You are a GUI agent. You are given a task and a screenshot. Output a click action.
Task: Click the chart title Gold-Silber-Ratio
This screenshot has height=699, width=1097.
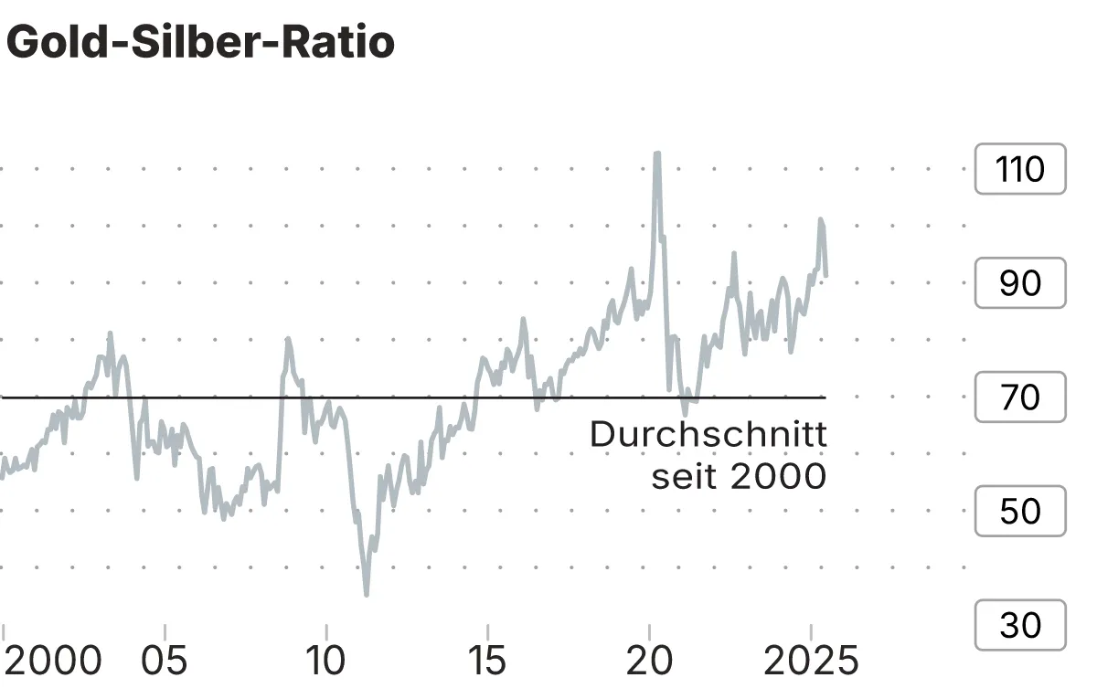pos(200,43)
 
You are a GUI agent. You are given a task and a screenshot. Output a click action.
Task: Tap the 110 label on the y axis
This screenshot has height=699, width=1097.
pos(1020,169)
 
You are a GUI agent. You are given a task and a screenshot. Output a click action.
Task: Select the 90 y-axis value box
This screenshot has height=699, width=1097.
pos(1020,283)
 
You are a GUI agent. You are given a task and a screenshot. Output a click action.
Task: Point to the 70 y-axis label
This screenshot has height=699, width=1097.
pos(1020,397)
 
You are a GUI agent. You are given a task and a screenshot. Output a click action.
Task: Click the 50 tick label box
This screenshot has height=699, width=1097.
pos(1020,511)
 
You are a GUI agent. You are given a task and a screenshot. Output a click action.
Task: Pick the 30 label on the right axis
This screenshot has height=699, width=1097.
pos(1020,625)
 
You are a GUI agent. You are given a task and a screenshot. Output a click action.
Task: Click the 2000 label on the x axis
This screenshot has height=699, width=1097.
pos(53,661)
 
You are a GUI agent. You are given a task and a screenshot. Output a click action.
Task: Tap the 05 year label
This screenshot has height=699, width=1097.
pos(165,661)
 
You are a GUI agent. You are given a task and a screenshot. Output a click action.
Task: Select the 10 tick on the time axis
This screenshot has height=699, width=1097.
pos(325,661)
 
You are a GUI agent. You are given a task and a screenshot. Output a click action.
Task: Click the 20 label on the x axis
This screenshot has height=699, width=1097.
pos(649,661)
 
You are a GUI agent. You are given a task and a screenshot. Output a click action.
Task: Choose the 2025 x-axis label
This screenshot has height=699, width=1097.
pos(811,661)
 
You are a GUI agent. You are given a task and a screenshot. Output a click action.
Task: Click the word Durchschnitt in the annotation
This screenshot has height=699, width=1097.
pos(708,434)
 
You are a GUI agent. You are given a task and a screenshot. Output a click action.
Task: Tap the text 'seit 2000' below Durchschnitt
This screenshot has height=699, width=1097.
pos(739,476)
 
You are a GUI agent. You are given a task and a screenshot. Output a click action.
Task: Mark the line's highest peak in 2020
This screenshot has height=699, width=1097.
pos(656,154)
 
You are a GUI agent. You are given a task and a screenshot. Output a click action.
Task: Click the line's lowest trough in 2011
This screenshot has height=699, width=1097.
pos(367,594)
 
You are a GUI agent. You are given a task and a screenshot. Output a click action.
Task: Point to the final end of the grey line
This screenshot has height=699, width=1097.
pos(825,274)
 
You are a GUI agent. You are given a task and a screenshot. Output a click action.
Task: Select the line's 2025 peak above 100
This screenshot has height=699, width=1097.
pos(821,220)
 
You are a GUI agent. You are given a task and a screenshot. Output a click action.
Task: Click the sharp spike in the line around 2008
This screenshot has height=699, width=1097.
pos(287,339)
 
